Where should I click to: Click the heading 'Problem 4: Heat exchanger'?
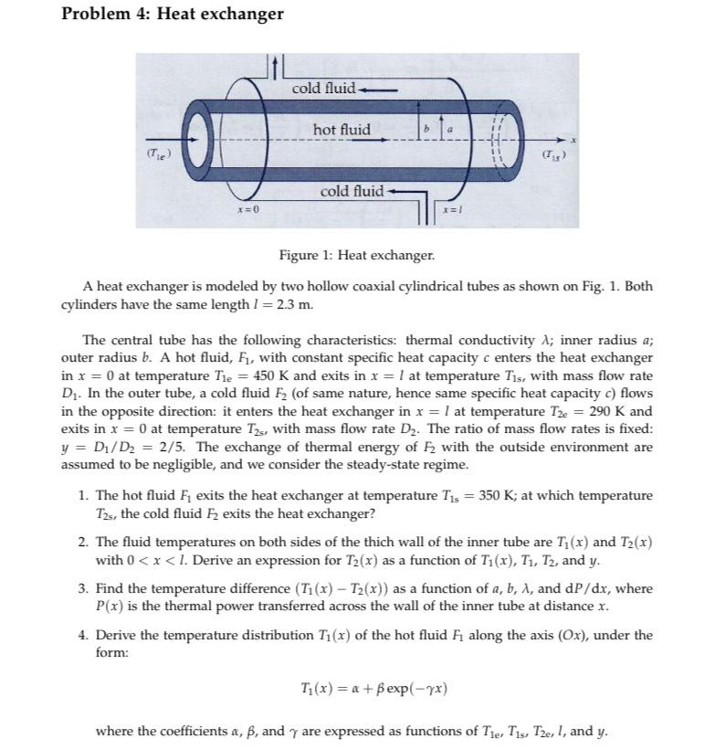[x=172, y=14]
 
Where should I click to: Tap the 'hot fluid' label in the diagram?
[x=342, y=130]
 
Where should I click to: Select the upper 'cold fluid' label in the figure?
[x=324, y=89]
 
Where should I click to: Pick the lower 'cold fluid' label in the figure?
[x=352, y=191]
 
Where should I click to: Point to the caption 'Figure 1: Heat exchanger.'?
[x=357, y=253]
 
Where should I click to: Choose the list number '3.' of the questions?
[x=83, y=588]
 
